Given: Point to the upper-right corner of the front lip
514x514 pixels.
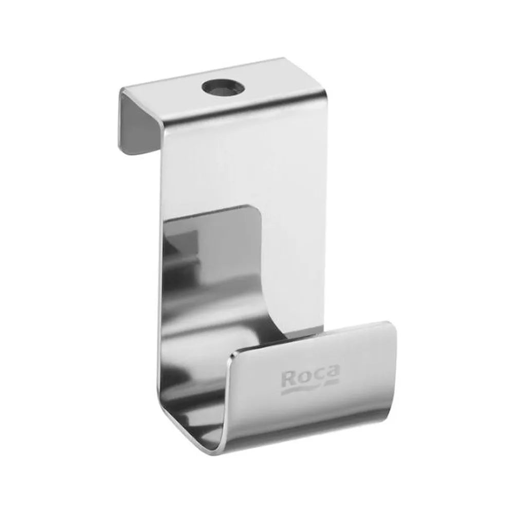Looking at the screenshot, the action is tap(394, 323).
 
